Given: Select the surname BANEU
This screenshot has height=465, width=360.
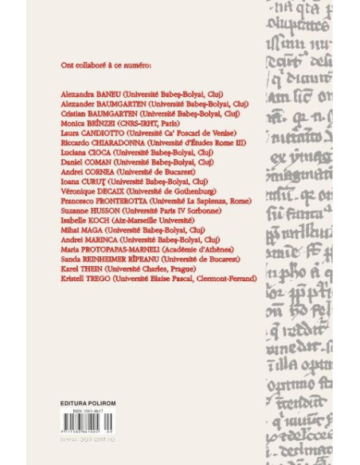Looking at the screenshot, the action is click(102, 95).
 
